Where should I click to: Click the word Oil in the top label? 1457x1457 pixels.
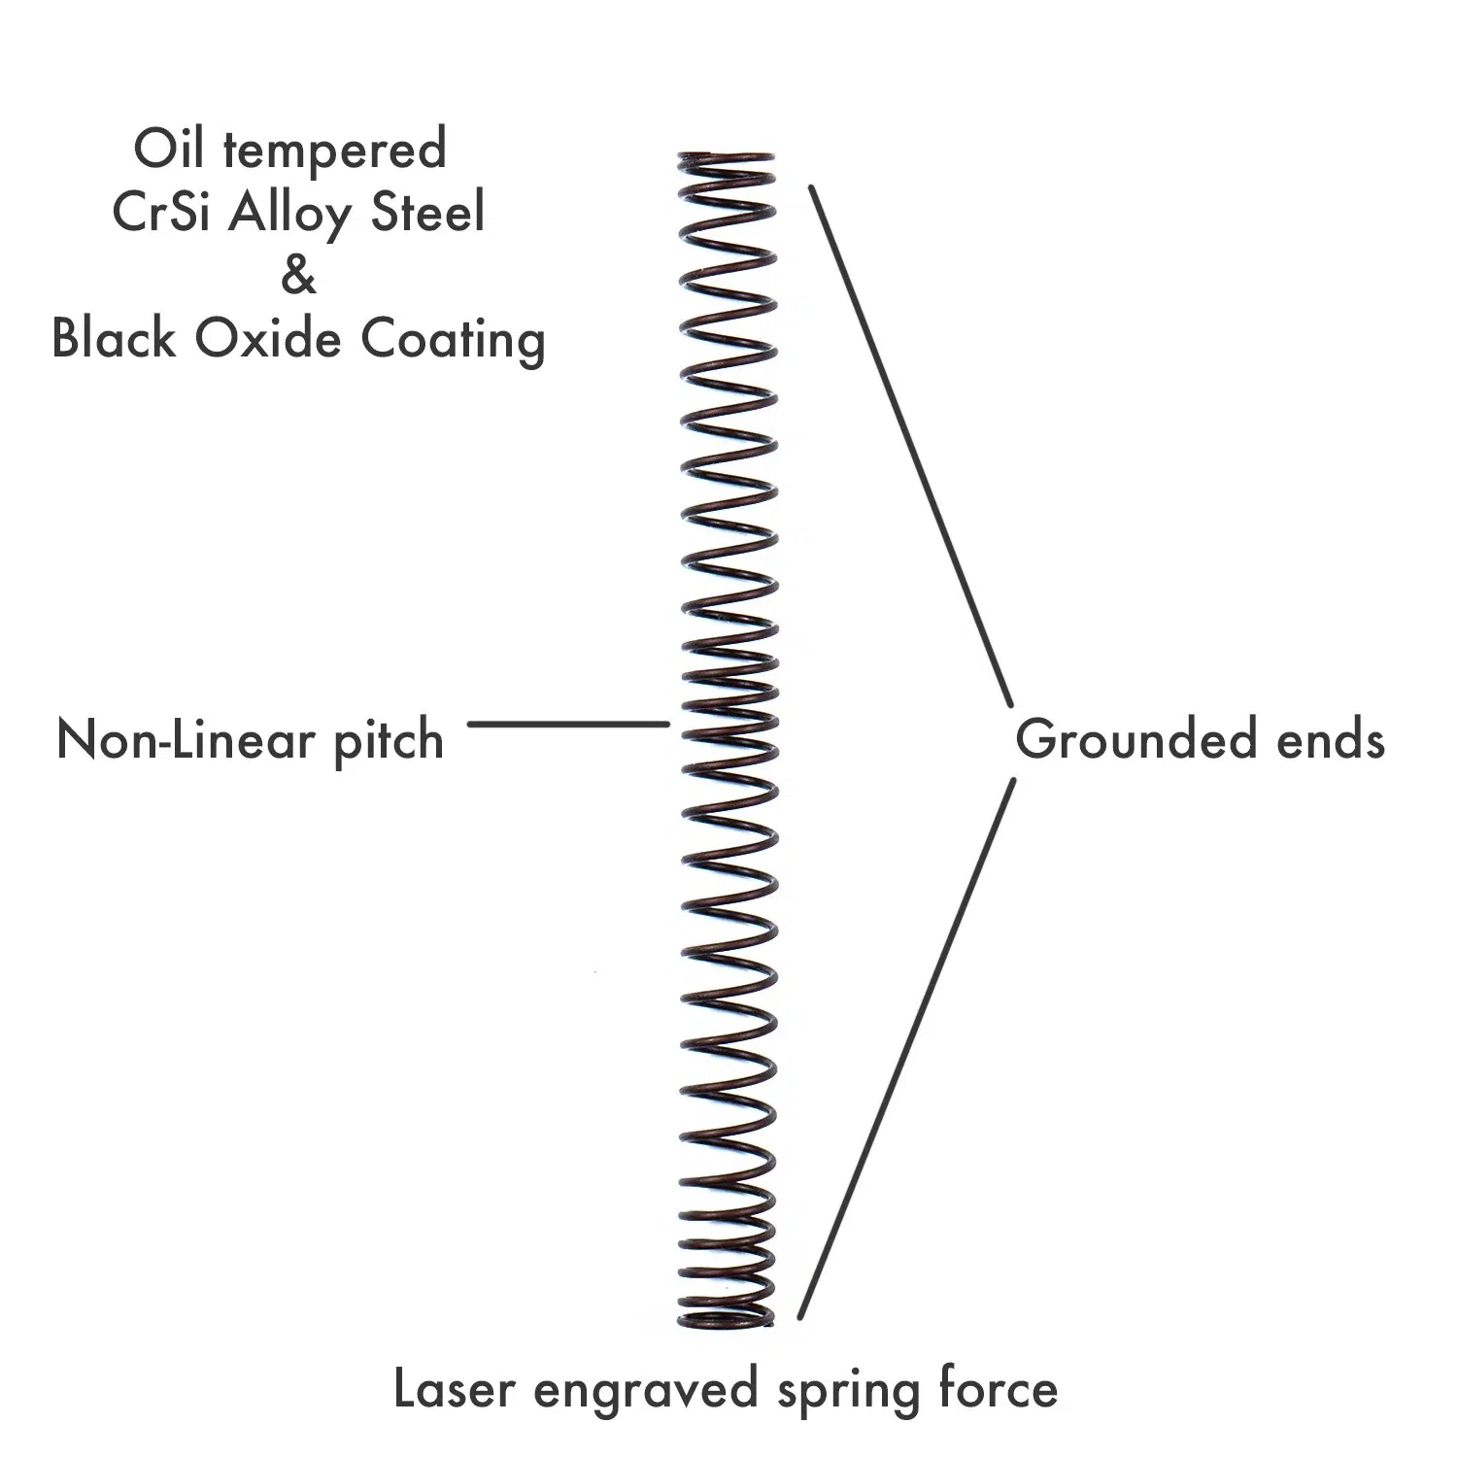click(x=171, y=150)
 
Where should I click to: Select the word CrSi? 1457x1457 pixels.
click(x=161, y=213)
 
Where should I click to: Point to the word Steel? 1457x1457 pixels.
click(x=428, y=213)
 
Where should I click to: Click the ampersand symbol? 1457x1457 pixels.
click(x=298, y=276)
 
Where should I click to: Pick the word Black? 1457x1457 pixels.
click(x=114, y=339)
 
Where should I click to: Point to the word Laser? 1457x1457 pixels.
click(x=454, y=1389)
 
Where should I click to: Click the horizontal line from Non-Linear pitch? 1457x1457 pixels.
click(x=568, y=724)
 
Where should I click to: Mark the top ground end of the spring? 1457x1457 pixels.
click(x=726, y=158)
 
